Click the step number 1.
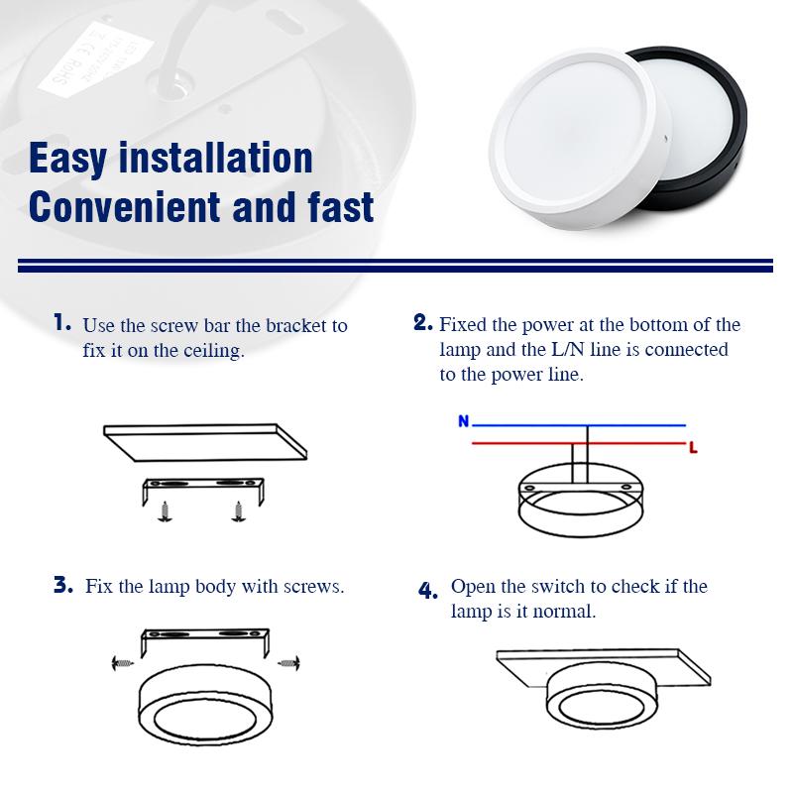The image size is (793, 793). [63, 322]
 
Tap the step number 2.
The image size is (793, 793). [423, 322]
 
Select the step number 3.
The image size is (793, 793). [63, 585]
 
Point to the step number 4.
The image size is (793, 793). [427, 591]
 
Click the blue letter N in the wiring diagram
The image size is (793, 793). [463, 421]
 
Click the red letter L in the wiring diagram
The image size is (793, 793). [693, 449]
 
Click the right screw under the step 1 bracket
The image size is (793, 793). [237, 511]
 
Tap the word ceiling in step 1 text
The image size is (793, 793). [210, 351]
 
